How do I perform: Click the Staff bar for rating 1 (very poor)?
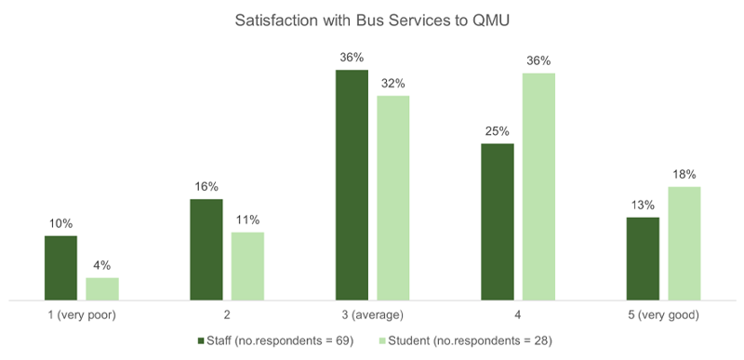(x=60, y=268)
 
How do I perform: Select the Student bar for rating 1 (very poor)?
(x=102, y=288)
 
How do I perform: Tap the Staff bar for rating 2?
(x=206, y=249)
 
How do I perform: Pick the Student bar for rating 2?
(x=247, y=266)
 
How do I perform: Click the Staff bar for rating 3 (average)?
(x=352, y=185)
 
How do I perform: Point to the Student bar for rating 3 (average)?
(x=392, y=197)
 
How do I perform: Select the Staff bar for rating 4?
(x=497, y=221)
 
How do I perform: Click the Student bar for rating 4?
(x=538, y=186)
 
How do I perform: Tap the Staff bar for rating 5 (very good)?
(x=642, y=259)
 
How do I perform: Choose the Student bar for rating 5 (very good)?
(x=684, y=243)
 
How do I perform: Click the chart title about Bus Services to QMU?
(x=372, y=20)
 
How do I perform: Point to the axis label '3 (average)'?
(x=372, y=315)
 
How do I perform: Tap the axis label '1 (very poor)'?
(x=82, y=315)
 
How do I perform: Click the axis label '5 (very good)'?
(x=663, y=315)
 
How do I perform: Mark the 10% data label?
(x=60, y=223)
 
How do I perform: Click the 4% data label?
(x=102, y=265)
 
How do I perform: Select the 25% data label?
(x=497, y=131)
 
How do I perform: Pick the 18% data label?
(x=684, y=174)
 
